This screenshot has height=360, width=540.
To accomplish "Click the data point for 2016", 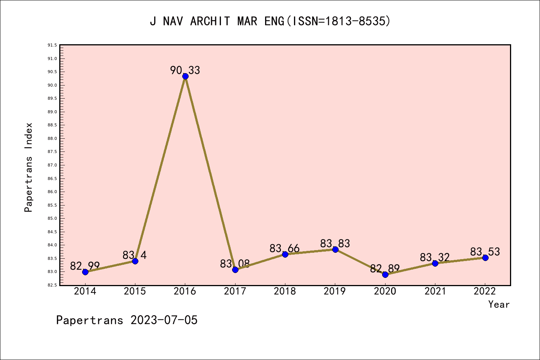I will (x=185, y=76).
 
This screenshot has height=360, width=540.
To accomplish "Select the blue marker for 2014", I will (x=85, y=272).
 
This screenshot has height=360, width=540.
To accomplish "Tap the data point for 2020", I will (x=385, y=274).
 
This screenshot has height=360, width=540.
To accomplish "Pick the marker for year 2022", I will (x=485, y=258).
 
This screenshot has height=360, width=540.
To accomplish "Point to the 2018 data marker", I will (x=285, y=254).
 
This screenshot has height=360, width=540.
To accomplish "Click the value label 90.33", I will (x=185, y=70).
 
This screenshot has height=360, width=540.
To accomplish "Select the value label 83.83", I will (x=335, y=244).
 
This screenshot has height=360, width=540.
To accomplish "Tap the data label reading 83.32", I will (x=435, y=258).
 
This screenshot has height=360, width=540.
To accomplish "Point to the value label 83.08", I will (x=235, y=264).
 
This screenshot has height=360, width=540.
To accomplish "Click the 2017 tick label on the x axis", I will (x=235, y=291).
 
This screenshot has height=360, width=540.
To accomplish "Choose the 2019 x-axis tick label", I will (x=335, y=291).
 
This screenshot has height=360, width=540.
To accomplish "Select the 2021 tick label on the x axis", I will (x=435, y=291).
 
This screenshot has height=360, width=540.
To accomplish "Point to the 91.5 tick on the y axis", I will (x=52, y=45).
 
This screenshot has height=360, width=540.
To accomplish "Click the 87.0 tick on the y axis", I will (x=52, y=165).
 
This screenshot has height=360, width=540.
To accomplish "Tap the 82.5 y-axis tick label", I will (x=52, y=285).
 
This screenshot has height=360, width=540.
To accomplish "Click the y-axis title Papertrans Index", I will (x=28, y=167).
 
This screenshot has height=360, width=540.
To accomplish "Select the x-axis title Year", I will (x=499, y=304).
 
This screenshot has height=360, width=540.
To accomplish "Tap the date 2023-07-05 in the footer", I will (x=164, y=320).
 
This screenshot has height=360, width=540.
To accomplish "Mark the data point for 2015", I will (x=135, y=261).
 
